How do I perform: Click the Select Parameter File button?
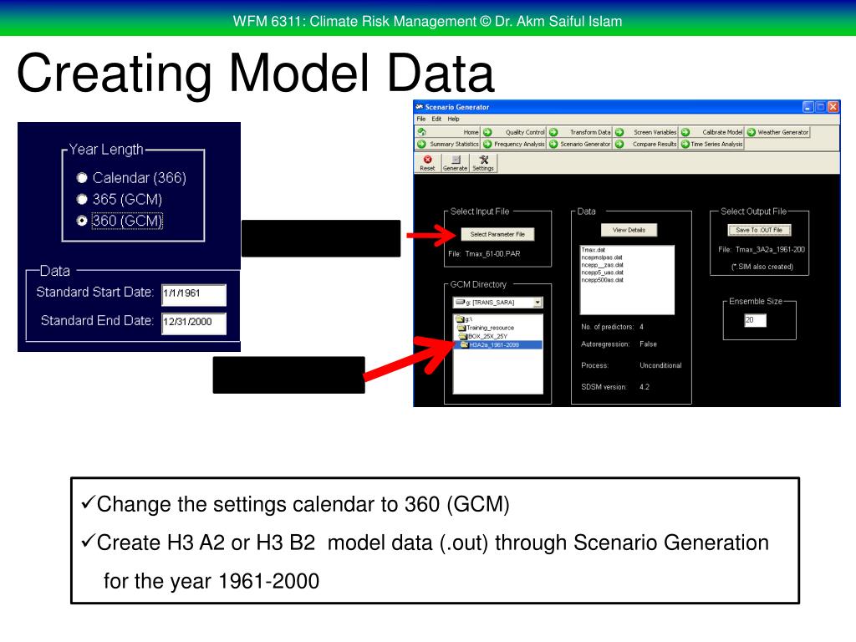497,235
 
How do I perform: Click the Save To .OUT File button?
759,230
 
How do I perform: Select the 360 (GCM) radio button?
82,221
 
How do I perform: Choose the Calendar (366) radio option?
82,178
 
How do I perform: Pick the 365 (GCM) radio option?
82,199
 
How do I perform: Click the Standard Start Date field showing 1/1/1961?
193,294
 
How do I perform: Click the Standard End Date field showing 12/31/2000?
193,323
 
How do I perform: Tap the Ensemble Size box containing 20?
755,320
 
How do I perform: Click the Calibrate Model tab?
721,132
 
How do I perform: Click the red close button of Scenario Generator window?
833,107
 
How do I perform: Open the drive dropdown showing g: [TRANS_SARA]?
497,303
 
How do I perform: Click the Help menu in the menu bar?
454,119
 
